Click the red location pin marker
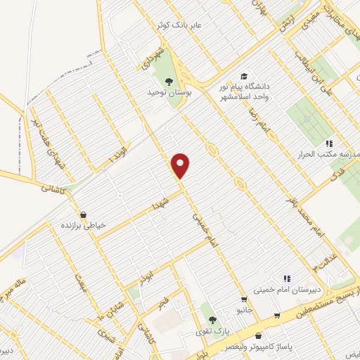click(181, 165)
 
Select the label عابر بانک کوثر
click(179, 25)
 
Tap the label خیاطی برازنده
click(83, 226)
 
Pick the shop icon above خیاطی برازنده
click(83, 214)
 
